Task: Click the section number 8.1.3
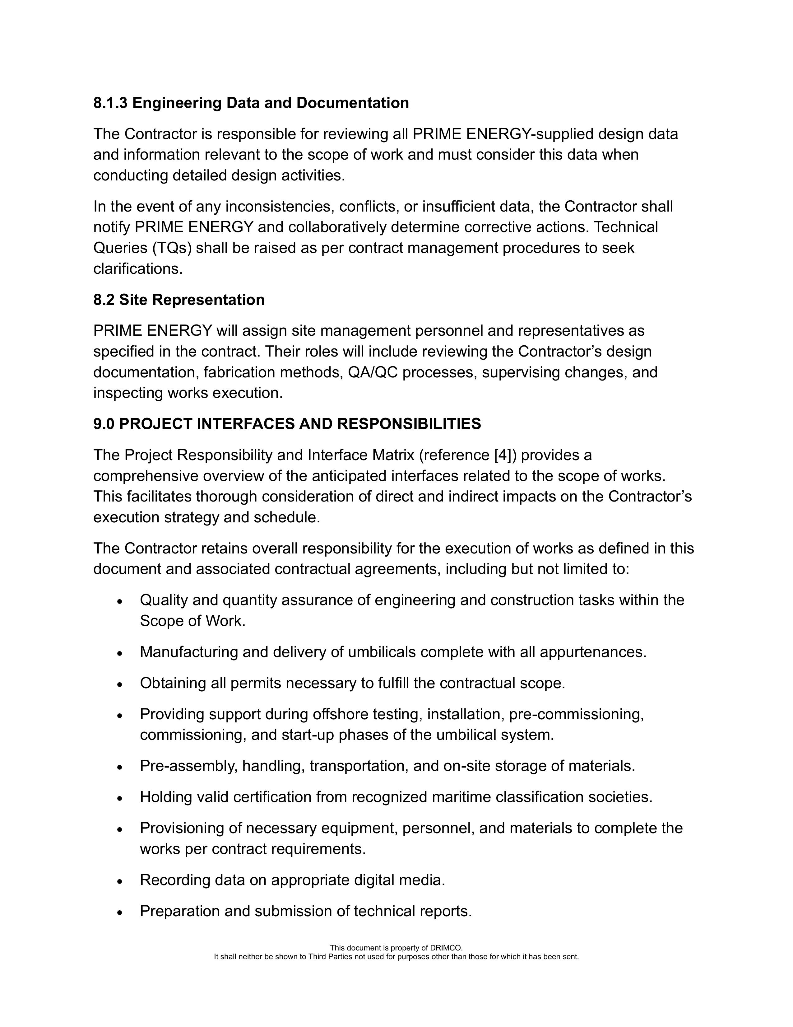pos(110,103)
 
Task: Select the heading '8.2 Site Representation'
pos(179,300)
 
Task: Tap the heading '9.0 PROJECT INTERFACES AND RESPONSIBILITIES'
pos(287,424)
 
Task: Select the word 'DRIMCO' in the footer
pos(446,948)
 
